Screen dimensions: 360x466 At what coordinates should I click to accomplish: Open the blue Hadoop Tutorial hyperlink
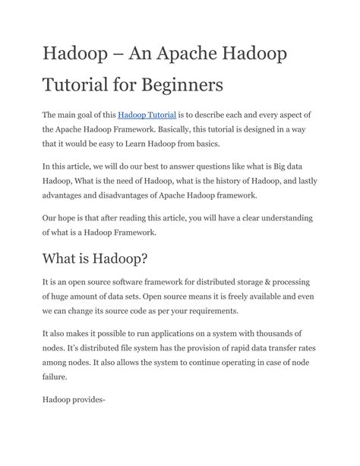coord(147,115)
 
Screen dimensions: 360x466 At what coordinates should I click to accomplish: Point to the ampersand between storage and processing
coord(270,283)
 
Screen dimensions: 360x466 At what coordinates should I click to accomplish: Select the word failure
coord(55,377)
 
